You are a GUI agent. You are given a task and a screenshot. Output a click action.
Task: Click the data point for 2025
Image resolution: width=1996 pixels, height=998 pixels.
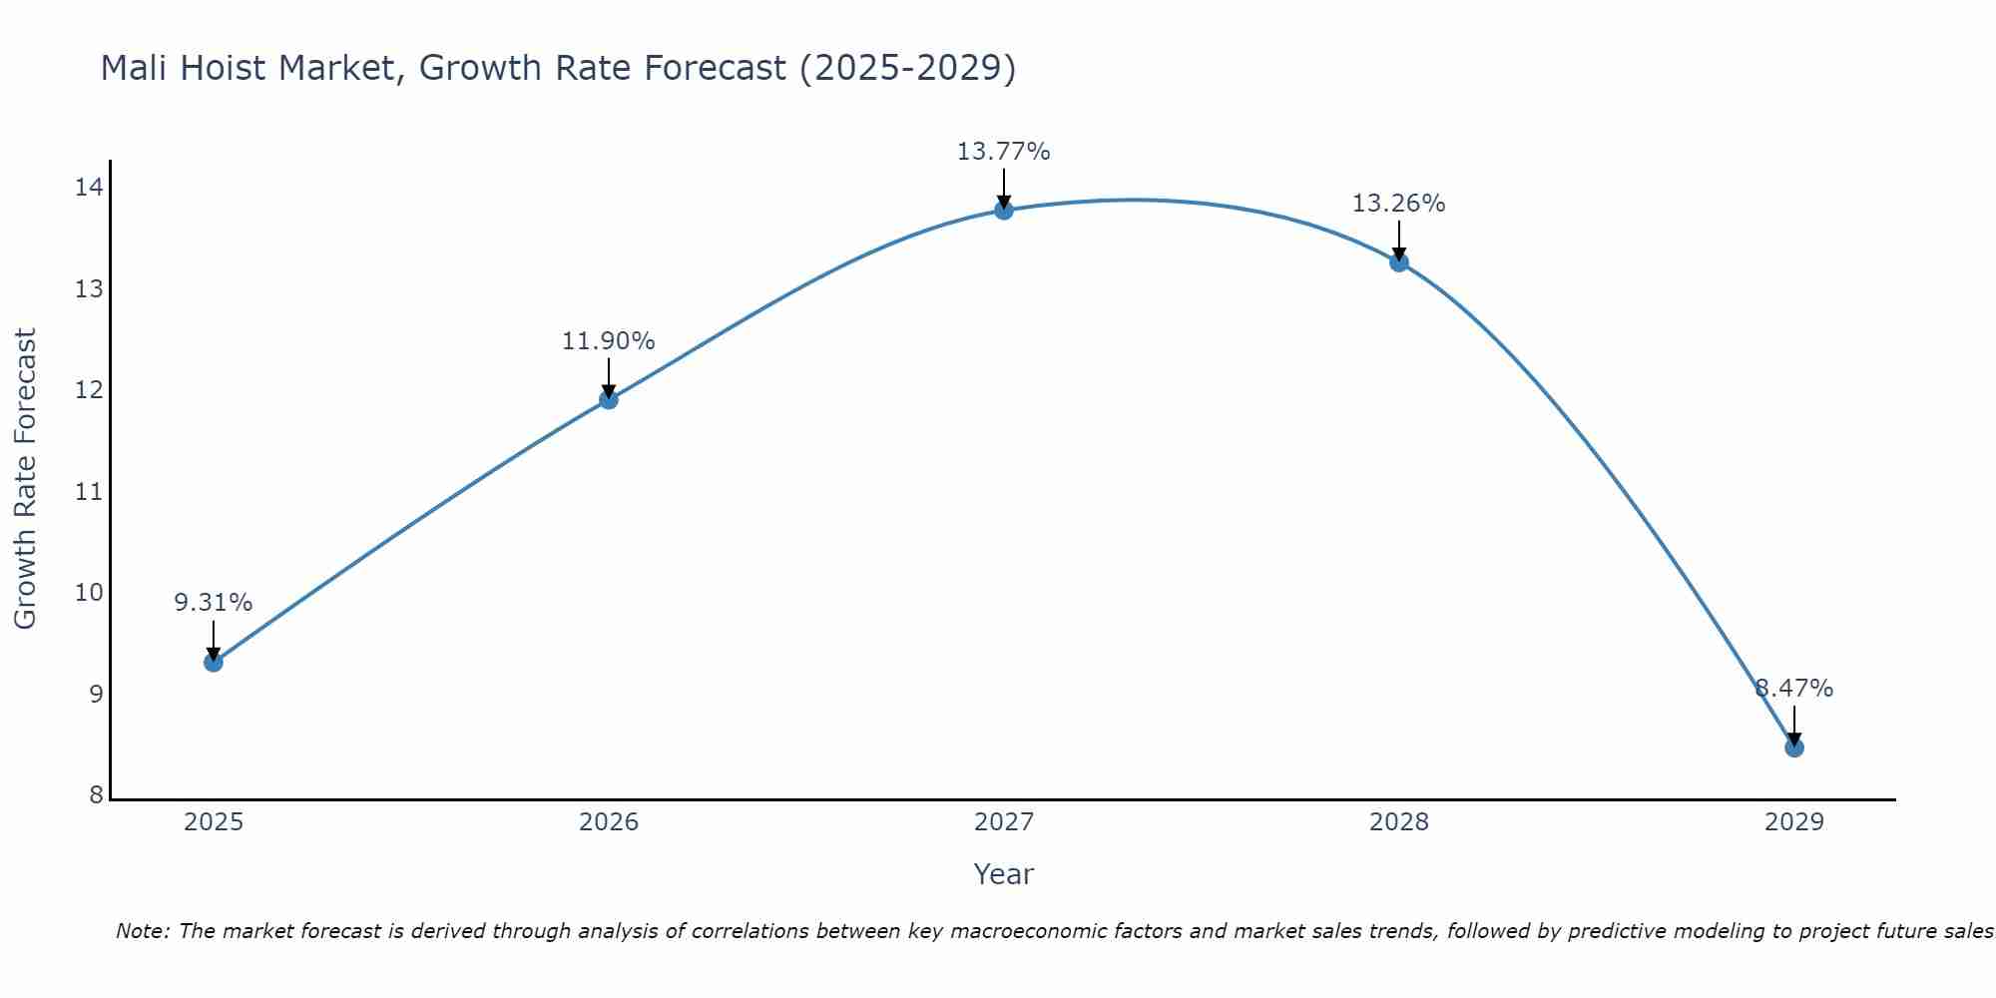point(214,662)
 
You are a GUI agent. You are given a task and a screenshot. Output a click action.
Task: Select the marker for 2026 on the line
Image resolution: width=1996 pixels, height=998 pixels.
point(609,400)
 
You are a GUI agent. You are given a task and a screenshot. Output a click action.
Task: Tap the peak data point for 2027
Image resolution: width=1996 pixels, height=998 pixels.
point(1004,210)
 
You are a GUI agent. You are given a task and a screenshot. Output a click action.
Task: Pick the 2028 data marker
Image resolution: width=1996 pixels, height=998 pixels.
point(1399,262)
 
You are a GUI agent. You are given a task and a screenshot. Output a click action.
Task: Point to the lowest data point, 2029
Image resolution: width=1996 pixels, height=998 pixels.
point(1794,748)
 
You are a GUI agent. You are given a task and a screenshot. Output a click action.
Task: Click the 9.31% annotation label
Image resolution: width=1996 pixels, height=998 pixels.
point(214,603)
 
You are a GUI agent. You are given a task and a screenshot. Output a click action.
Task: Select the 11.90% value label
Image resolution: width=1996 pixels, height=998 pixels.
point(609,341)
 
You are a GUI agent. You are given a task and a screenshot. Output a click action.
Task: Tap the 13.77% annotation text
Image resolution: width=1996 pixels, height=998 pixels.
point(1004,152)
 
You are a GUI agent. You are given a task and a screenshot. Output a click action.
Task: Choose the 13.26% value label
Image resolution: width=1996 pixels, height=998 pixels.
point(1399,204)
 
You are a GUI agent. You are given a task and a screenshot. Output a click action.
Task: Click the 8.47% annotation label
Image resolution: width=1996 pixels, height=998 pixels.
point(1794,689)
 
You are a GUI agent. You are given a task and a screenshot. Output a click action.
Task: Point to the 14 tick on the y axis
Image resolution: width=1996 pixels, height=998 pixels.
point(89,188)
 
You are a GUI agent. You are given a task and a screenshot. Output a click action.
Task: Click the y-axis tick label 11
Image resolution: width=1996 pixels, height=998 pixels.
point(89,492)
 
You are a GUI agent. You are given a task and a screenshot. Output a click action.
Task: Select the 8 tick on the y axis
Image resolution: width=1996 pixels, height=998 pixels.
point(96,795)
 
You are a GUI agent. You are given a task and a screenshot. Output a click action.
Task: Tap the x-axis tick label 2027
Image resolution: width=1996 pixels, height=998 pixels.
point(1004,822)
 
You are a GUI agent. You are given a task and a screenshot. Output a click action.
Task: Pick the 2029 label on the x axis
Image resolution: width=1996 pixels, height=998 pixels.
point(1794,822)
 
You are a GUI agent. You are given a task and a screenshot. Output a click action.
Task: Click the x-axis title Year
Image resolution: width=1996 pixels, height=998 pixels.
point(1004,874)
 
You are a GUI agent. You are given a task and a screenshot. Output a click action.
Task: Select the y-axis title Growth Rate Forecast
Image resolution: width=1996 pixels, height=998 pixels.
point(26,479)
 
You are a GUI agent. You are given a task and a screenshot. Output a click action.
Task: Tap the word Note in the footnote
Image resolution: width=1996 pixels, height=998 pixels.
point(143,931)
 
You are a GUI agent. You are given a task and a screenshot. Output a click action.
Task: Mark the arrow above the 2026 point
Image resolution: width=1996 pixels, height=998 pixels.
point(609,377)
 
